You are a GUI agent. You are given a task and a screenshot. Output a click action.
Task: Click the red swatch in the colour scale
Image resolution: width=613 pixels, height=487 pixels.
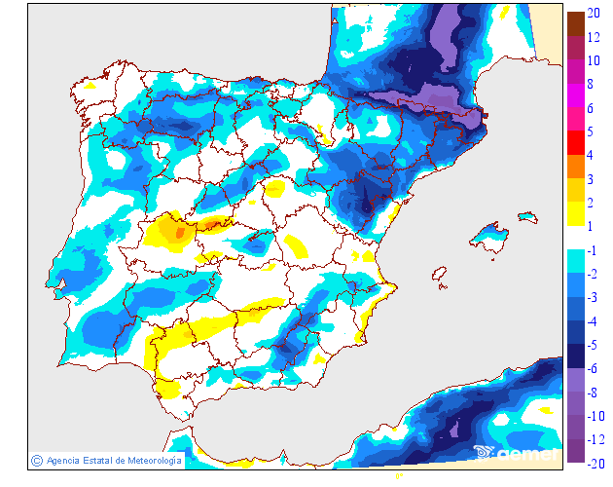(575, 144)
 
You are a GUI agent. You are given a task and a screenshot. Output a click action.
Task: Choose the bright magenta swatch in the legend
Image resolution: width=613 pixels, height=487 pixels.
(575, 97)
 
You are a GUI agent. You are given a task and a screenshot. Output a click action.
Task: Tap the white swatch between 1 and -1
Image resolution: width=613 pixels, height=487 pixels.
(575, 239)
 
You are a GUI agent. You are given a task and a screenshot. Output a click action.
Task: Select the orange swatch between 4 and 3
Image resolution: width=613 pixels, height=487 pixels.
(575, 167)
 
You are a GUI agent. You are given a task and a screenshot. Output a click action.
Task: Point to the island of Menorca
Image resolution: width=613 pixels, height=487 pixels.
(527, 216)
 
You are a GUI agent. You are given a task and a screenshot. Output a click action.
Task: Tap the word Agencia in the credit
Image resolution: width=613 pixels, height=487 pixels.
(62, 460)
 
